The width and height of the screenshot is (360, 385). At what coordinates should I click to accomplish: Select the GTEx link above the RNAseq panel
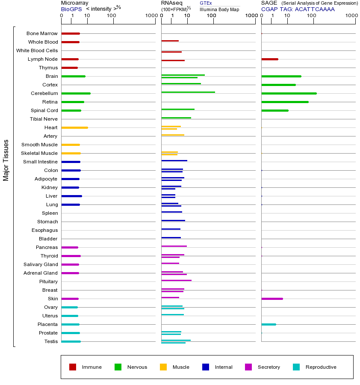click(206, 3)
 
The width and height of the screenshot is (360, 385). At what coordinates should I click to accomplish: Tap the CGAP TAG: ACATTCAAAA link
click(298, 9)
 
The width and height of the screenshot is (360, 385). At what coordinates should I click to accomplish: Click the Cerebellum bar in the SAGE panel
click(289, 93)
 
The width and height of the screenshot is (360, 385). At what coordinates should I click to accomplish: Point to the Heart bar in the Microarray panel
click(75, 127)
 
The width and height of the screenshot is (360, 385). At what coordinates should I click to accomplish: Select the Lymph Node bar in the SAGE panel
click(270, 59)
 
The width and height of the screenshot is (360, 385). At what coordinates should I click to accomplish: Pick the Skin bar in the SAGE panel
click(272, 299)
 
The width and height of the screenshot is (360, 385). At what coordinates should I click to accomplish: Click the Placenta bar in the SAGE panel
click(269, 324)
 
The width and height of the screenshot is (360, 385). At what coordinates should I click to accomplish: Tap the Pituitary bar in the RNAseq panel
click(177, 280)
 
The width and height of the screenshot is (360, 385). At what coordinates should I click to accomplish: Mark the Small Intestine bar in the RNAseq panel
click(174, 160)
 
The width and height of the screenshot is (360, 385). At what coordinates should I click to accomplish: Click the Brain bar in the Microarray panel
click(74, 76)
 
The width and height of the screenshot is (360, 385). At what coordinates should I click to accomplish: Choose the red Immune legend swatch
click(73, 367)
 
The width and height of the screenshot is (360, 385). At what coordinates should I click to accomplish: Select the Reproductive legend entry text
click(321, 367)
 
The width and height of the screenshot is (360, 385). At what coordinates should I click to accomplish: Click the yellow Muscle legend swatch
click(163, 367)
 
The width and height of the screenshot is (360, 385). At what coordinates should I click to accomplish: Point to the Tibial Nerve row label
click(44, 119)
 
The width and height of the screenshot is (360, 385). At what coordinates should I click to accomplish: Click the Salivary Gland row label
click(41, 264)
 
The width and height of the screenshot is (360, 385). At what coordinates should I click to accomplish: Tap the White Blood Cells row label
click(37, 50)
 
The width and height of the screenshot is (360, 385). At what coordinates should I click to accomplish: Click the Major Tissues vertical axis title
click(6, 160)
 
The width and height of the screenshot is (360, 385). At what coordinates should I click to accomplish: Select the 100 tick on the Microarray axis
click(112, 16)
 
